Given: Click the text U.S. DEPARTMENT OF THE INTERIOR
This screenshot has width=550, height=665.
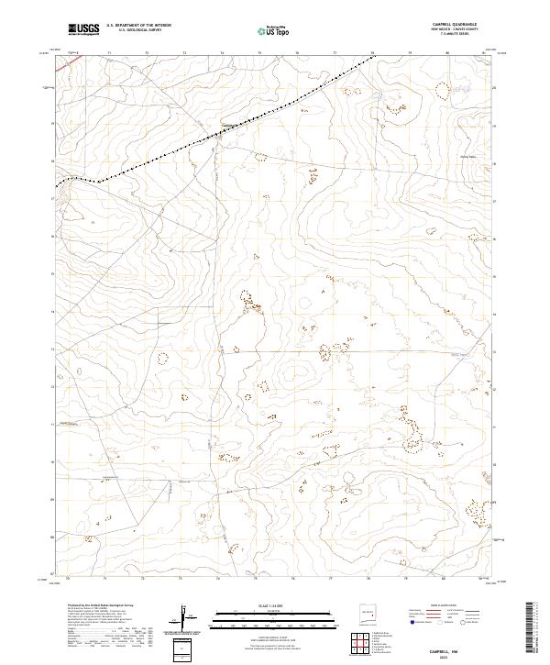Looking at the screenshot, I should [138, 26].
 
